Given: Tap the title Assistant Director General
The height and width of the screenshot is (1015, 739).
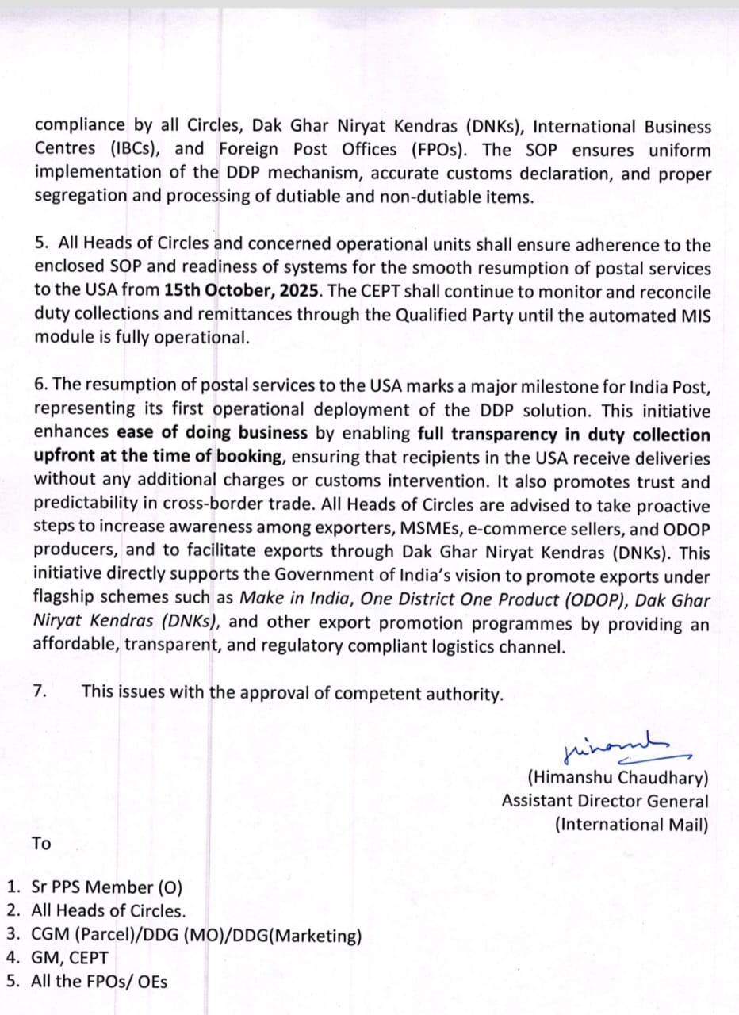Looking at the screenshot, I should pos(605,801).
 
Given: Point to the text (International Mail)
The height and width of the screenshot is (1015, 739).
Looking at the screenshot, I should pos(631,824).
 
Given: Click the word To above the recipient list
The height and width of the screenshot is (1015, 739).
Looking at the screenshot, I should pos(41,843).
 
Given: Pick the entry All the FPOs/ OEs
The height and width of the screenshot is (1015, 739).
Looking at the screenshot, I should pos(99,981).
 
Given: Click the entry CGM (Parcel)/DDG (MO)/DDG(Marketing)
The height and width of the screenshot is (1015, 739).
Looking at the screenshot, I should pos(196,936).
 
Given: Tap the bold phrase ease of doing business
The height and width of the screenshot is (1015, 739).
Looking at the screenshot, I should pos(212,434).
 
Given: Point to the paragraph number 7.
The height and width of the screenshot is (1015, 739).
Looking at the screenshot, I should pos(40,691).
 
